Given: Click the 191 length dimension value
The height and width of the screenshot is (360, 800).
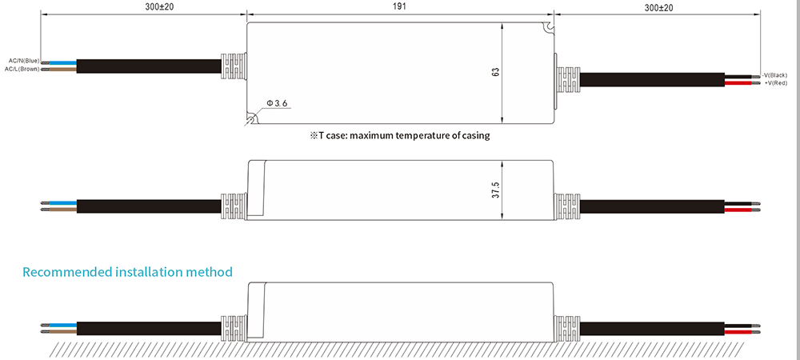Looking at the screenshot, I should click(x=399, y=6).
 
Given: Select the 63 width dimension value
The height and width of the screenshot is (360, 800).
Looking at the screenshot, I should click(x=496, y=72).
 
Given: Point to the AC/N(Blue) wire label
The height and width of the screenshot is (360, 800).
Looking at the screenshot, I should click(x=23, y=61).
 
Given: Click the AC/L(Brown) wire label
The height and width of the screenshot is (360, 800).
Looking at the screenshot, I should click(x=22, y=70).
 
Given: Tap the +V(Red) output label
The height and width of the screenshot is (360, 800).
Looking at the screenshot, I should click(x=776, y=82).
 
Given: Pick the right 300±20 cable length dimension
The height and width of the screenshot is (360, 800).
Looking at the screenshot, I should click(x=657, y=6).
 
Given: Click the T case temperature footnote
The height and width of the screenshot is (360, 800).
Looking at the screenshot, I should click(x=399, y=135).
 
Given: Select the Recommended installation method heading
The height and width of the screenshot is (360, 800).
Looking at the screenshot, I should click(x=127, y=272).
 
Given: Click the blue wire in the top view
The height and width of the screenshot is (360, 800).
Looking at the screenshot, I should click(x=64, y=62).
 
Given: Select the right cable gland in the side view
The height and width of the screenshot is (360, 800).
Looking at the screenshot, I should click(x=567, y=206).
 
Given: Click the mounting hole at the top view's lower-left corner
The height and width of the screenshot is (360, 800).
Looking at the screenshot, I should click(x=252, y=120).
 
